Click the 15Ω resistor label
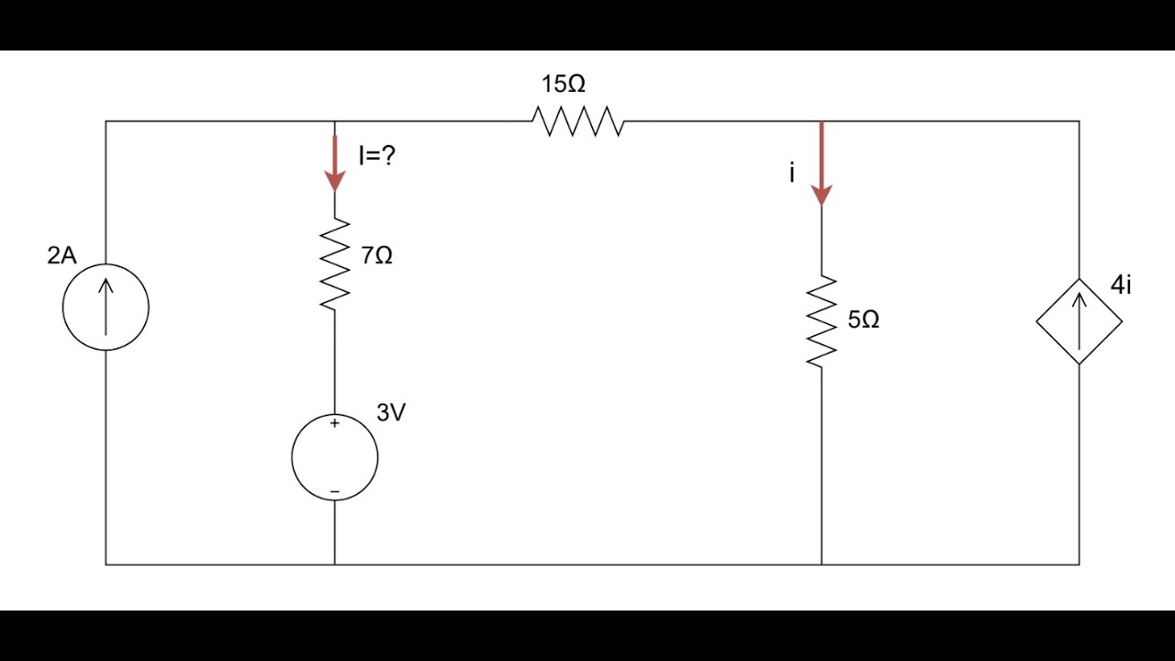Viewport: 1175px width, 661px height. [x=564, y=84]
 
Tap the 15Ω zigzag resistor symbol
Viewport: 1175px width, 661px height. [x=578, y=121]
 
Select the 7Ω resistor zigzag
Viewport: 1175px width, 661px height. [x=335, y=263]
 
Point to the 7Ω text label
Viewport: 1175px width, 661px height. [x=376, y=255]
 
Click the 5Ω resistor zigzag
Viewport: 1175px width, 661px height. [x=822, y=321]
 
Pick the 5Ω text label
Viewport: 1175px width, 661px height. [x=864, y=319]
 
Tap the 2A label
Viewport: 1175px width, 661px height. [x=62, y=255]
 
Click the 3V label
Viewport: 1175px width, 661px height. [x=391, y=413]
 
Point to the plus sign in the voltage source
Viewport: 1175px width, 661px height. [x=335, y=423]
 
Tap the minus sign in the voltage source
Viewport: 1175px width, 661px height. [x=335, y=491]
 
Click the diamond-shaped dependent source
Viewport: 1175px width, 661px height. [x=1079, y=278]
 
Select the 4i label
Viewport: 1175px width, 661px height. [x=1121, y=285]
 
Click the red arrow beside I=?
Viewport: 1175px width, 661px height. [x=335, y=163]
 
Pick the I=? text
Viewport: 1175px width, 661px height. [x=377, y=156]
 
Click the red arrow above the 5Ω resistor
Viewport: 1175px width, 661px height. [x=822, y=164]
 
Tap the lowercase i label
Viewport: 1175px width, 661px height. [x=792, y=173]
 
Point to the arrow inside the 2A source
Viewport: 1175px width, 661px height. [x=106, y=307]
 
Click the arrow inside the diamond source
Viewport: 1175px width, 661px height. [x=1079, y=321]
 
